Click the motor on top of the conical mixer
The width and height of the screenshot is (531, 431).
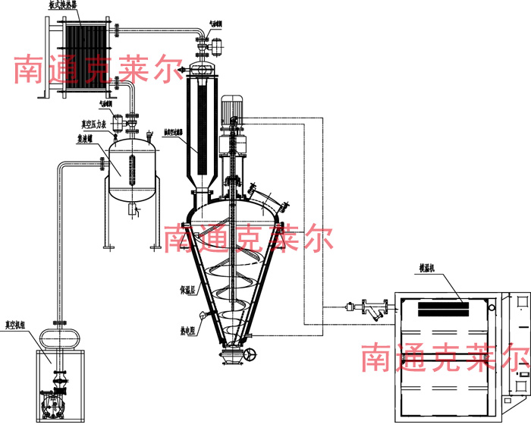[x=231, y=109]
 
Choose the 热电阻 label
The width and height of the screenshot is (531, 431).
[x=189, y=330]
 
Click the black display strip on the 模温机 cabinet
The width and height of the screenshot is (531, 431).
[x=444, y=309]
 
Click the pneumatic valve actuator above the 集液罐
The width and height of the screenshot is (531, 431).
[x=120, y=120]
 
